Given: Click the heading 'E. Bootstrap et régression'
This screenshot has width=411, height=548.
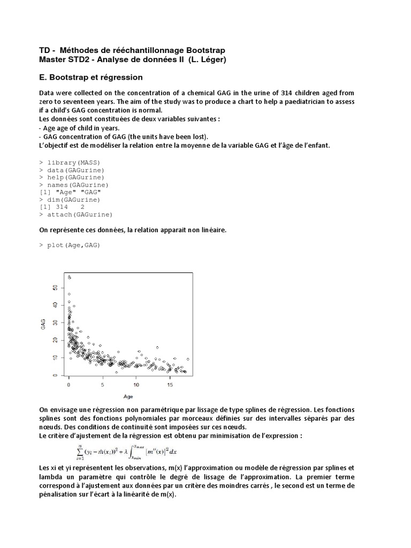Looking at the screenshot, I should (91, 77).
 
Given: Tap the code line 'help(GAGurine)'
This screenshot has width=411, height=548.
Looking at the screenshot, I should (75, 177).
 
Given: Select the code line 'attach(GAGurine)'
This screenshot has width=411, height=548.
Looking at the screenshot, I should (80, 215).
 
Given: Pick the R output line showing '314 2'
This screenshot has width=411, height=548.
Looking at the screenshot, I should (65, 207).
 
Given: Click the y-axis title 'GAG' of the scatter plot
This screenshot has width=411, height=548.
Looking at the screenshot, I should (43, 324).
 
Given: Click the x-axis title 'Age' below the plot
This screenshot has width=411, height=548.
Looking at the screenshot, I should (128, 397).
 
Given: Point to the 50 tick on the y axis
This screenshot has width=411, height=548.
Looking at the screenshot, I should (55, 287).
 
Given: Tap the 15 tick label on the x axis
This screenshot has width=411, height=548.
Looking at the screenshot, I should (170, 385).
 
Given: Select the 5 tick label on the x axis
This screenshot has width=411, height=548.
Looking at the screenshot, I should (102, 385).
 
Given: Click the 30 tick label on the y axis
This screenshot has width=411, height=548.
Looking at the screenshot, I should (55, 323).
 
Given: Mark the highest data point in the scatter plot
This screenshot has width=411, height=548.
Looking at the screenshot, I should (69, 277).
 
